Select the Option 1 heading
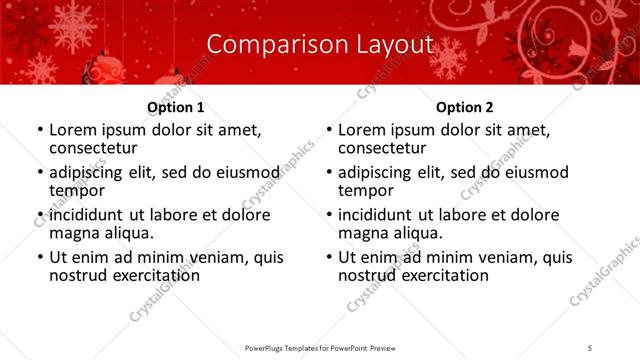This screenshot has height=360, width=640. pos(176,107)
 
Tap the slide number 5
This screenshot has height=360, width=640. pos(590,347)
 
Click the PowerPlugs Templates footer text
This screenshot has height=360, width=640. pos(320,347)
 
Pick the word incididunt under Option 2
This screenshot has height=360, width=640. pos(382,215)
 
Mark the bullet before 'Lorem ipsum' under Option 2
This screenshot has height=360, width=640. pos(328,131)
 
